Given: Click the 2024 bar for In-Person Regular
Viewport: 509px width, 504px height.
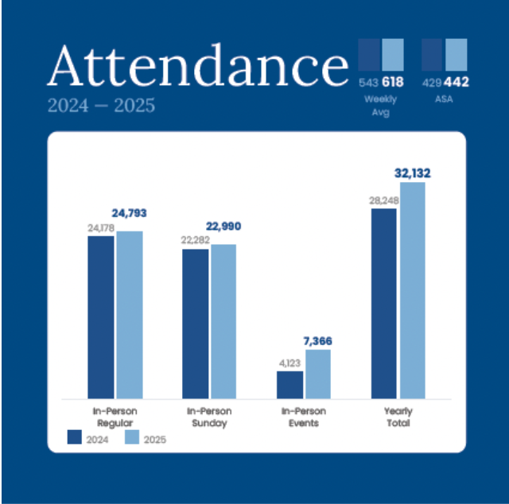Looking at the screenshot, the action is pyautogui.click(x=101, y=317).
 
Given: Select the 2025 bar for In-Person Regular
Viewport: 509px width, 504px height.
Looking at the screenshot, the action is pyautogui.click(x=130, y=315).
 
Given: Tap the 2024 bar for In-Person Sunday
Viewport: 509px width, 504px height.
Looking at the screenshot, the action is pyautogui.click(x=196, y=324).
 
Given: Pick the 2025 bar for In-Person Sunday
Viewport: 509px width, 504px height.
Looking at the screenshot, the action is pyautogui.click(x=223, y=321).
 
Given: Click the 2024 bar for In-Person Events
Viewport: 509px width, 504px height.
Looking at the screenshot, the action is pyautogui.click(x=289, y=385).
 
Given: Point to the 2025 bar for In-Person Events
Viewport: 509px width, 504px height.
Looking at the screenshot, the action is pyautogui.click(x=318, y=374).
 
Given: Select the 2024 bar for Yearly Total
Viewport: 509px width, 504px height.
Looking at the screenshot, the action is pyautogui.click(x=384, y=304).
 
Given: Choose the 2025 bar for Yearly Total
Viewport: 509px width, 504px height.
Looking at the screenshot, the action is pyautogui.click(x=413, y=290).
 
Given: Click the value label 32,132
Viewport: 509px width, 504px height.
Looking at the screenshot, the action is pyautogui.click(x=413, y=173).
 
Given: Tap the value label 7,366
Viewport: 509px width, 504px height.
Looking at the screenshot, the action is pyautogui.click(x=318, y=341).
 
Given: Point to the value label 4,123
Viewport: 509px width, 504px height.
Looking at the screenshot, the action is pyautogui.click(x=289, y=363).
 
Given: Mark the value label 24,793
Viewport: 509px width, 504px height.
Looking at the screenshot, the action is pyautogui.click(x=129, y=213).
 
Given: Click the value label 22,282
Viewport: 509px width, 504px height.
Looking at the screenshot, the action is pyautogui.click(x=196, y=240).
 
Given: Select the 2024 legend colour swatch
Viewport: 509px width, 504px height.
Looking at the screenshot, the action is pyautogui.click(x=74, y=437).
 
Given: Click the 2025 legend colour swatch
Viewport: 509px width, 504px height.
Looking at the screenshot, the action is pyautogui.click(x=132, y=437).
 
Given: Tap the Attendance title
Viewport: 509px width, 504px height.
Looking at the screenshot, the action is pyautogui.click(x=198, y=66).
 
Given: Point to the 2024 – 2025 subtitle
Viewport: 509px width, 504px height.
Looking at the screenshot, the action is pyautogui.click(x=101, y=106).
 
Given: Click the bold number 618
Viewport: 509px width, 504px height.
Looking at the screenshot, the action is pyautogui.click(x=393, y=82).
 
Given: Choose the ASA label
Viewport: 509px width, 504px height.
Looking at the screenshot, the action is pyautogui.click(x=444, y=99).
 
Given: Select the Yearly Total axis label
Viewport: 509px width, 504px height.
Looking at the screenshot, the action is pyautogui.click(x=398, y=417).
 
